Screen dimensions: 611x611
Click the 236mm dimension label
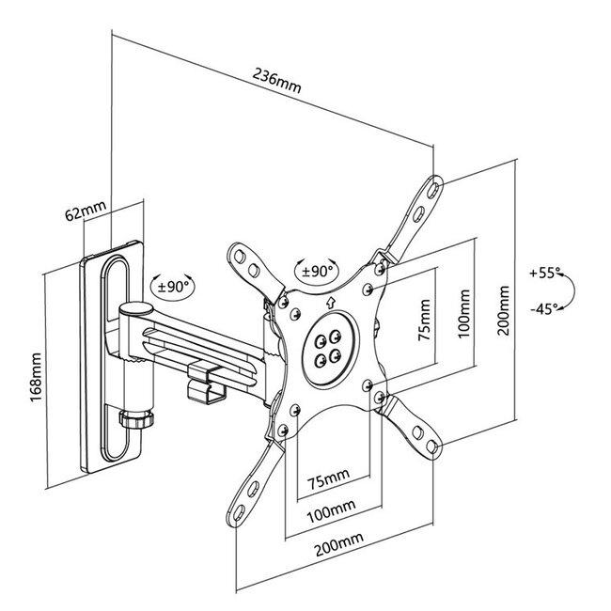coord(276,81)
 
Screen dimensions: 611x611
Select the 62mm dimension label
coord(86,211)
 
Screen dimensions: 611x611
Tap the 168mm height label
coord(36,377)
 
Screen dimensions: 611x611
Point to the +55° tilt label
coord(544,273)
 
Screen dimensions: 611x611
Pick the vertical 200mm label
coord(503,310)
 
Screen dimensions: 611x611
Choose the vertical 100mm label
coord(463,314)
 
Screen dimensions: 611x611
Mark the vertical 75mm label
coord(424,320)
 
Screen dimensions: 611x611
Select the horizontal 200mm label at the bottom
coord(339,544)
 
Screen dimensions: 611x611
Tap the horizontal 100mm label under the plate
coord(331,511)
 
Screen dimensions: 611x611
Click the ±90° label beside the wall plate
coord(173,288)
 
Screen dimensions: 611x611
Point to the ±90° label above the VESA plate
coord(317,271)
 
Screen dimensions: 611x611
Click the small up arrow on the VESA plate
coord(331,302)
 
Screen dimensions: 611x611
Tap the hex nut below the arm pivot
coord(136,419)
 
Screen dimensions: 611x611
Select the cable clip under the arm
coord(207,383)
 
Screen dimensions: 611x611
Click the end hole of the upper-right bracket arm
coord(432,190)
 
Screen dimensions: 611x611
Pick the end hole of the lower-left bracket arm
coord(240,512)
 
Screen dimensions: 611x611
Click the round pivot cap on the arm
coord(135,309)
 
